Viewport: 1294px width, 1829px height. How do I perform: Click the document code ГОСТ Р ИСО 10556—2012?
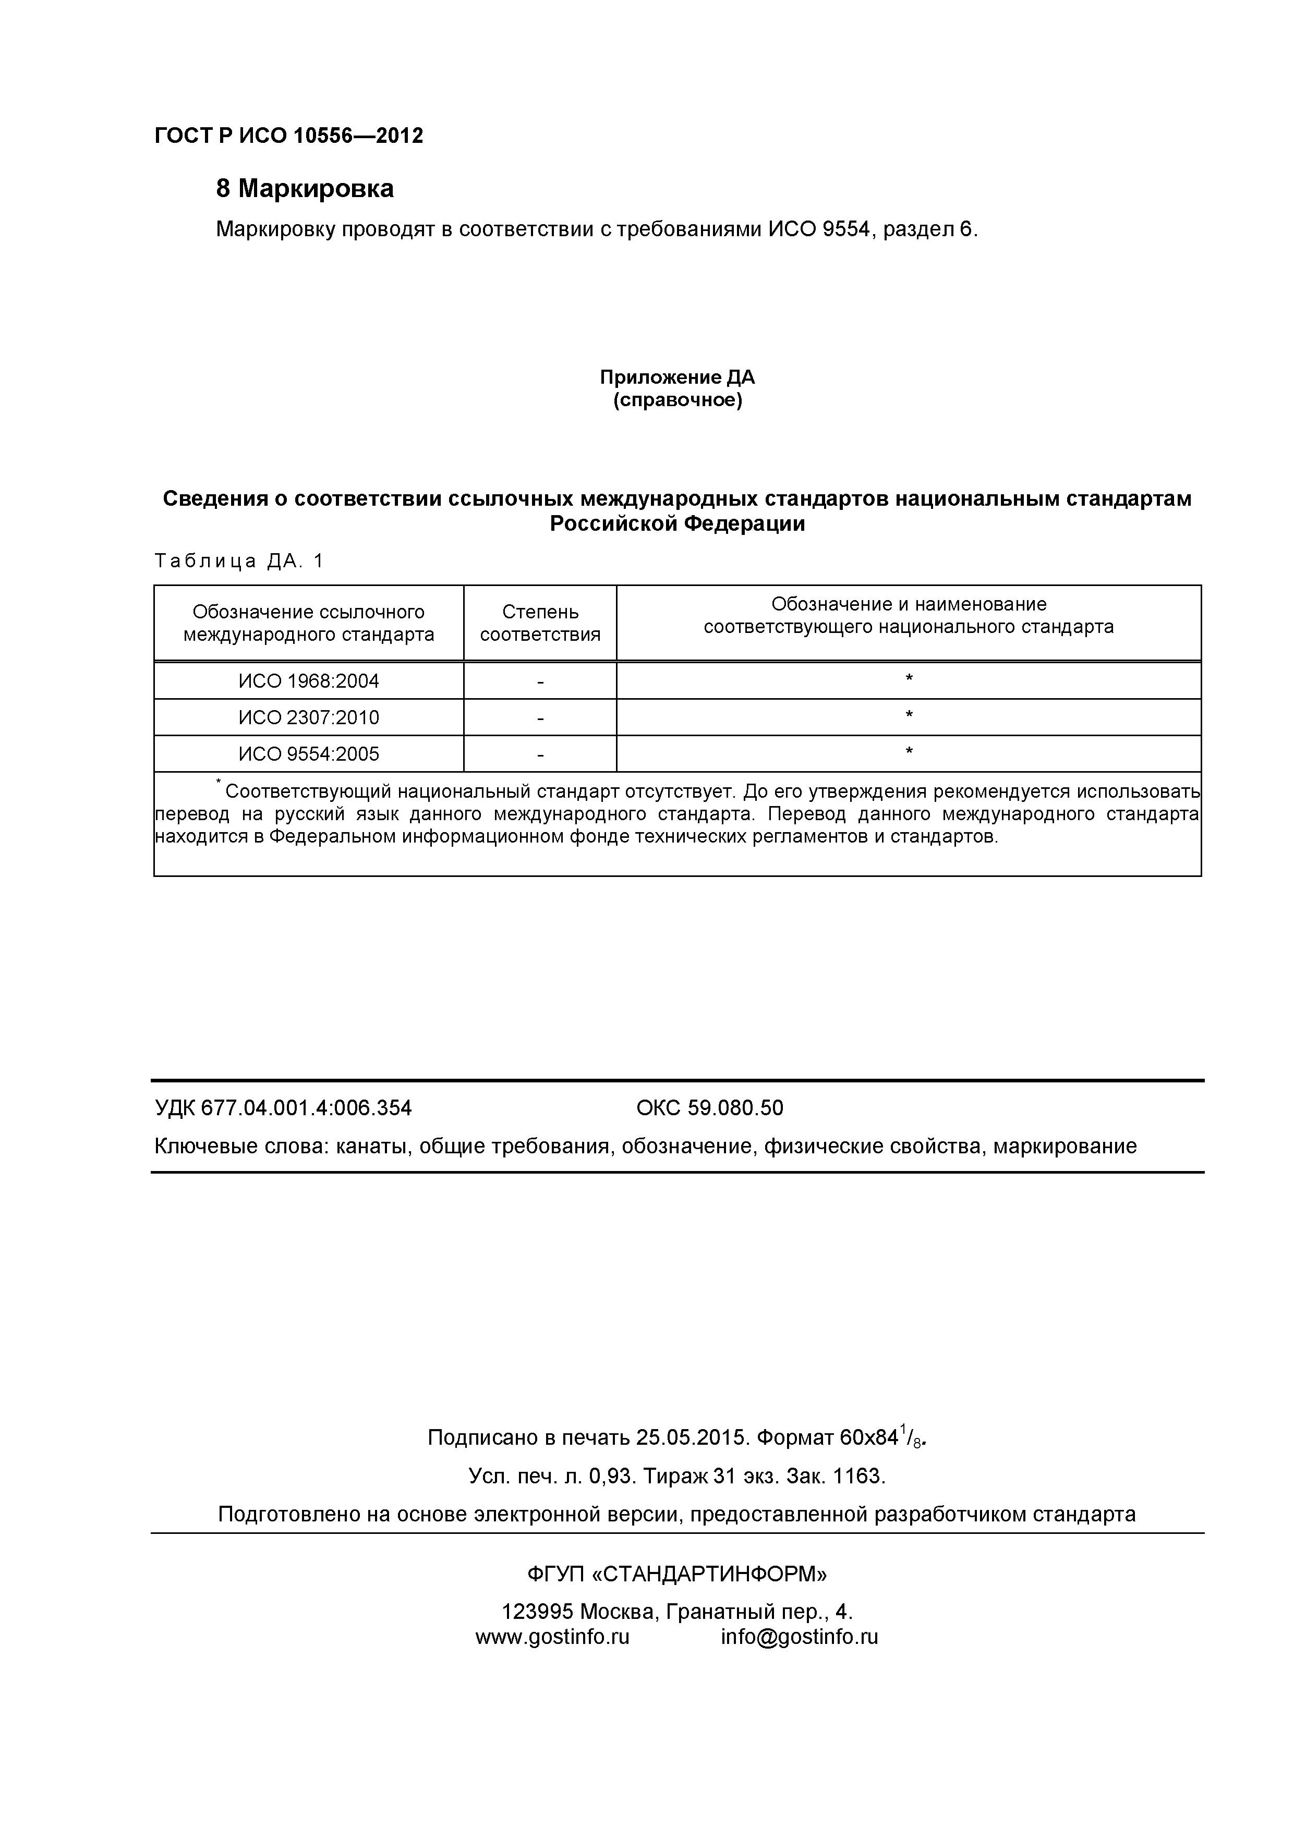288,136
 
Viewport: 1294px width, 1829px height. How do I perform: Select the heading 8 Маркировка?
305,189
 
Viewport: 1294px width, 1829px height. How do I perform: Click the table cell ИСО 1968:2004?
308,681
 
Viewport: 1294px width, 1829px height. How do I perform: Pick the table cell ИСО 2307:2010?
308,718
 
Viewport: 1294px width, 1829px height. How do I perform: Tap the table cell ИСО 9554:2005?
308,754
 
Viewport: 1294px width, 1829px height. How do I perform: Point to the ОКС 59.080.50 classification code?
709,1108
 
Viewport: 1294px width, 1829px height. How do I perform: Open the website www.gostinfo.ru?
552,1637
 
